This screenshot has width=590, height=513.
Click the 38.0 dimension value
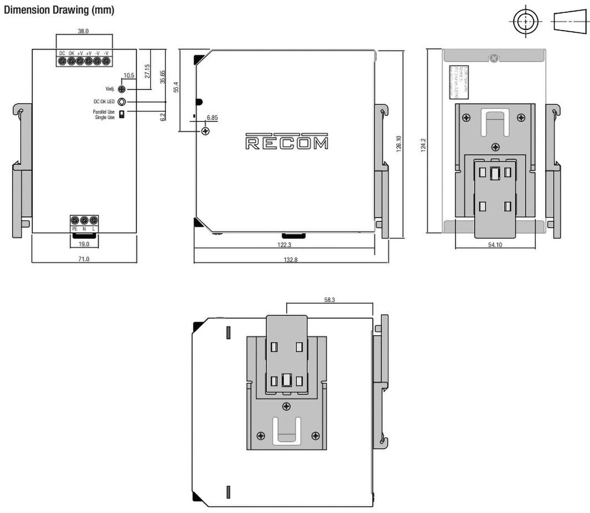pos(84,31)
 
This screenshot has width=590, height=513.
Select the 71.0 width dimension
pos(84,259)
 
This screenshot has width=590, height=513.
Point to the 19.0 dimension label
pos(84,243)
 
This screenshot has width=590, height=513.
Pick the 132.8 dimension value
pos(290,259)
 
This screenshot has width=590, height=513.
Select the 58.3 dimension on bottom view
pos(330,300)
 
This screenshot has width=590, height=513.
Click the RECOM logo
pos(287,142)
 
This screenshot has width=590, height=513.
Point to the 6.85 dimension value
pos(212,118)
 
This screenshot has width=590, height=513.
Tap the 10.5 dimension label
pos(128,76)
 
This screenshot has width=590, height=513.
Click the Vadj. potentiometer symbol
pos(122,89)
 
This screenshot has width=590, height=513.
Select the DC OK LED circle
pos(122,101)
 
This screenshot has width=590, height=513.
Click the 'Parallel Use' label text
pos(104,111)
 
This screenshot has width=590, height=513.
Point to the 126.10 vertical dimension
pos(398,142)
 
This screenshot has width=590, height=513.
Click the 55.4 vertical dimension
pos(176,87)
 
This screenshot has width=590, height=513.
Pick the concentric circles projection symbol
pos(525,22)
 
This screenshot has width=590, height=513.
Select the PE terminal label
pos(74,229)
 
